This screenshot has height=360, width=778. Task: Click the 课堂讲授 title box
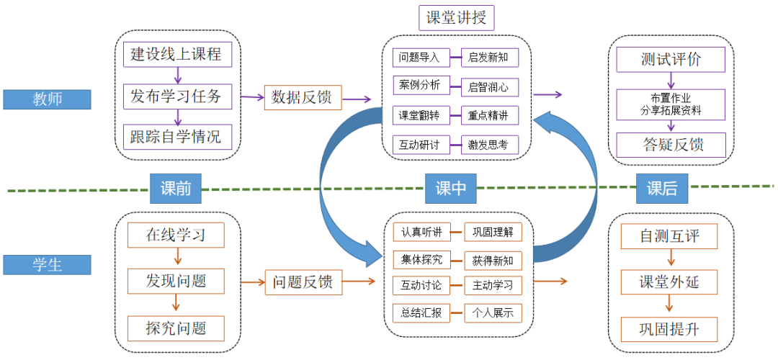(456, 18)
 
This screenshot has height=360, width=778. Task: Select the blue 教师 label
(47, 99)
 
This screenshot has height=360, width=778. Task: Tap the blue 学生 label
(47, 265)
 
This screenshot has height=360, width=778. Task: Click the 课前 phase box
(175, 189)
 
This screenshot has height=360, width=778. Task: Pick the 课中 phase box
(451, 189)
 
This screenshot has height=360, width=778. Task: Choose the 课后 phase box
(662, 189)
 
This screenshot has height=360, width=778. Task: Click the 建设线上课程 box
(176, 55)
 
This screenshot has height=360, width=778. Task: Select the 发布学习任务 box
(176, 95)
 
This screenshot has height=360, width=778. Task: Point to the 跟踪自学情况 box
(176, 135)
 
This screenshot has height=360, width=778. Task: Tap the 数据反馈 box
(303, 96)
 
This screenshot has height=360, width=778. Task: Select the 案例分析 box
(421, 85)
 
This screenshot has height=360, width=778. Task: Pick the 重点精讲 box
(488, 115)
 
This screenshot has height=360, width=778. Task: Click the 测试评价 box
(671, 59)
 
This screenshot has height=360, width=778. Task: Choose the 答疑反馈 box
(671, 145)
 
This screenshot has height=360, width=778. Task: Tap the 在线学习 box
(176, 235)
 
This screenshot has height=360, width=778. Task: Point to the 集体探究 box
(421, 259)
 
